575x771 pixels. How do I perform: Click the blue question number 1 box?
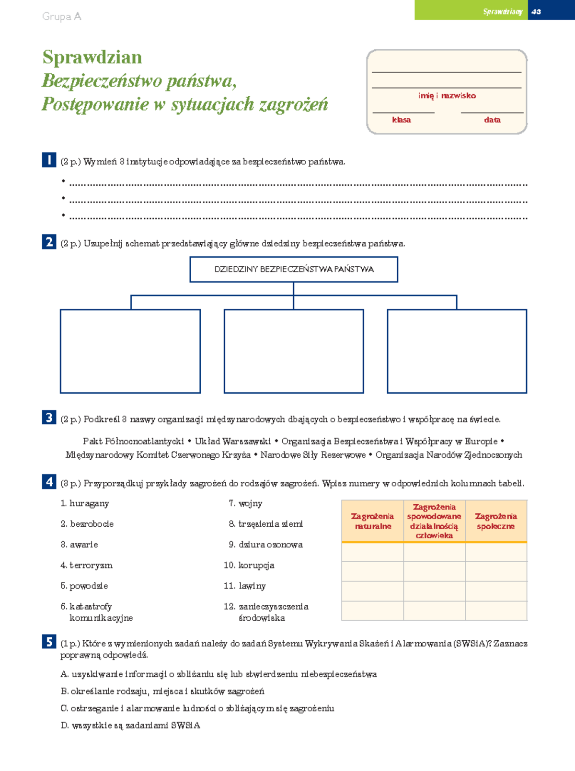[x=49, y=159]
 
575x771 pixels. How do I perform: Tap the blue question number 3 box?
[x=49, y=418]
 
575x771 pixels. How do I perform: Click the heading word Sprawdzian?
[x=92, y=57]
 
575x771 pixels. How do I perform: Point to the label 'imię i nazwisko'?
[x=447, y=96]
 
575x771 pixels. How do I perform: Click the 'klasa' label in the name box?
[x=401, y=120]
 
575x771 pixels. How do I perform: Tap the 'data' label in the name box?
[x=492, y=120]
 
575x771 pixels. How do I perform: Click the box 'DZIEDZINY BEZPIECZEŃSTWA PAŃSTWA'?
[x=294, y=269]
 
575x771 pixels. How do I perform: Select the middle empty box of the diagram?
[x=294, y=351]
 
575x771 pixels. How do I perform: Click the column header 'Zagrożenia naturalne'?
[x=372, y=521]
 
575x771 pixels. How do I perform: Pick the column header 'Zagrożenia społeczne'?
[x=496, y=521]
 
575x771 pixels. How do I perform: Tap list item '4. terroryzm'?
[x=87, y=565]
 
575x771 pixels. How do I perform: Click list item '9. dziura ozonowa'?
[x=266, y=544]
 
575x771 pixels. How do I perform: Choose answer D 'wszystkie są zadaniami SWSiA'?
[x=130, y=726]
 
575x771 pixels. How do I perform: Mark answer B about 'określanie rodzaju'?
[x=162, y=691]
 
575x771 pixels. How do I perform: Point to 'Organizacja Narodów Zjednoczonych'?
[x=448, y=454]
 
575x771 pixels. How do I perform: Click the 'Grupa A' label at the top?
[x=62, y=17]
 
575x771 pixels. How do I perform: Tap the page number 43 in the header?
[x=536, y=11]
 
